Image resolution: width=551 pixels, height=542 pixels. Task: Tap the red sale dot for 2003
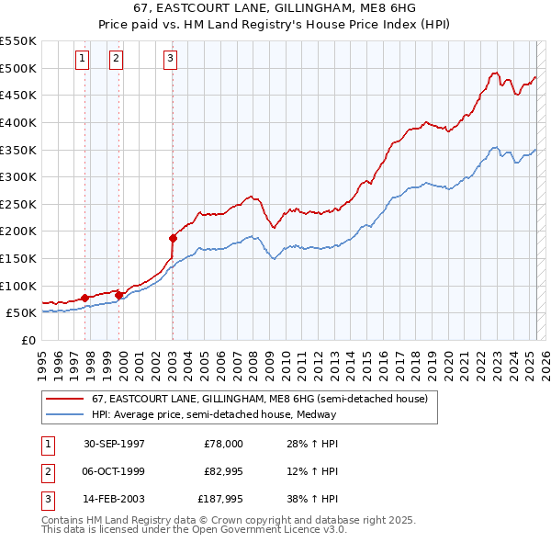point(173,238)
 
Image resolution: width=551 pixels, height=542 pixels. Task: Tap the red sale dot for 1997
point(84,298)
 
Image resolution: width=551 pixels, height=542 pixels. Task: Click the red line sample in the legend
point(64,400)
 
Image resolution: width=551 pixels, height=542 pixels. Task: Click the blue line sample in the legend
point(64,414)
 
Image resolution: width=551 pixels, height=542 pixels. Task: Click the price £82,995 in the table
point(223,471)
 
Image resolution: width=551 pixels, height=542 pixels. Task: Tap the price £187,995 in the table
point(220,499)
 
